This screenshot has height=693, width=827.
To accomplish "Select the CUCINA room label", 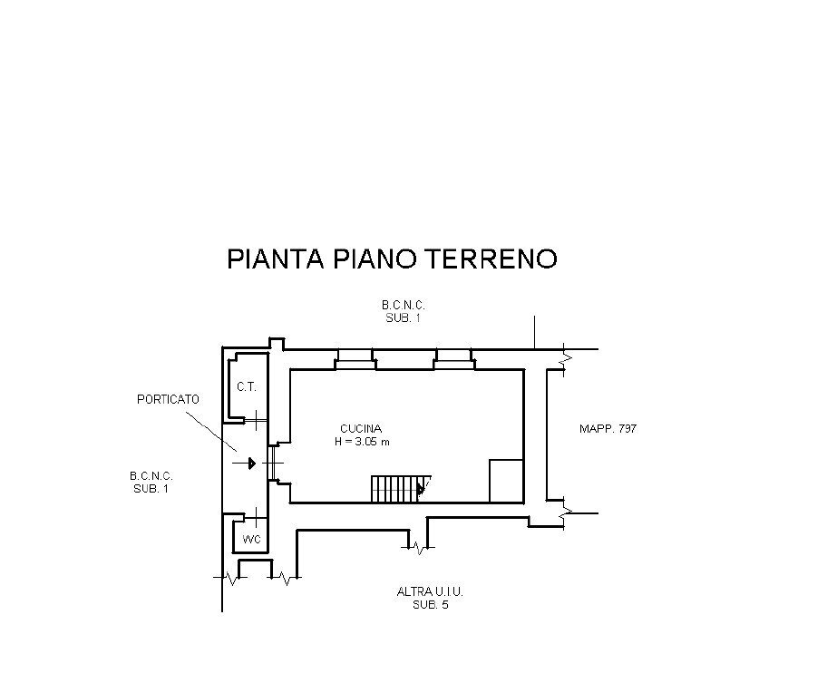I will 360,428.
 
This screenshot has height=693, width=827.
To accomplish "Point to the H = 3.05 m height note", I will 360,442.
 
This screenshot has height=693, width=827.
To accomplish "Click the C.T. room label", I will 246,386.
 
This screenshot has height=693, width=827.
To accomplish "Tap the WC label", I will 251,540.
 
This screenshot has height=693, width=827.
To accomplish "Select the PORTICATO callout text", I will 168,399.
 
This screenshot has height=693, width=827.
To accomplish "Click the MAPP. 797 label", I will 608,428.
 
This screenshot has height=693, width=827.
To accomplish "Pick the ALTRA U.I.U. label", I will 430,591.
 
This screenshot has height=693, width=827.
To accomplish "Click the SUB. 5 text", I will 430,604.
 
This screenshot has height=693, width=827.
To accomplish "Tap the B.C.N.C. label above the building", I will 403,307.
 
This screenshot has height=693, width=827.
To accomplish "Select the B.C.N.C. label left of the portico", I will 151,475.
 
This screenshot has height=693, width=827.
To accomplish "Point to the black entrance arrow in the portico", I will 248,464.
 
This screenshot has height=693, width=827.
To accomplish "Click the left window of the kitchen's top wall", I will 354,359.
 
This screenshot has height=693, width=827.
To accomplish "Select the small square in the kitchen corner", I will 506,481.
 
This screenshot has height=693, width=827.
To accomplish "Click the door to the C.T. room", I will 258,419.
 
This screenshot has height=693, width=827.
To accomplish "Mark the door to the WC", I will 258,520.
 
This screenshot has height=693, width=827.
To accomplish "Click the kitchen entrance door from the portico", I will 273,464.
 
